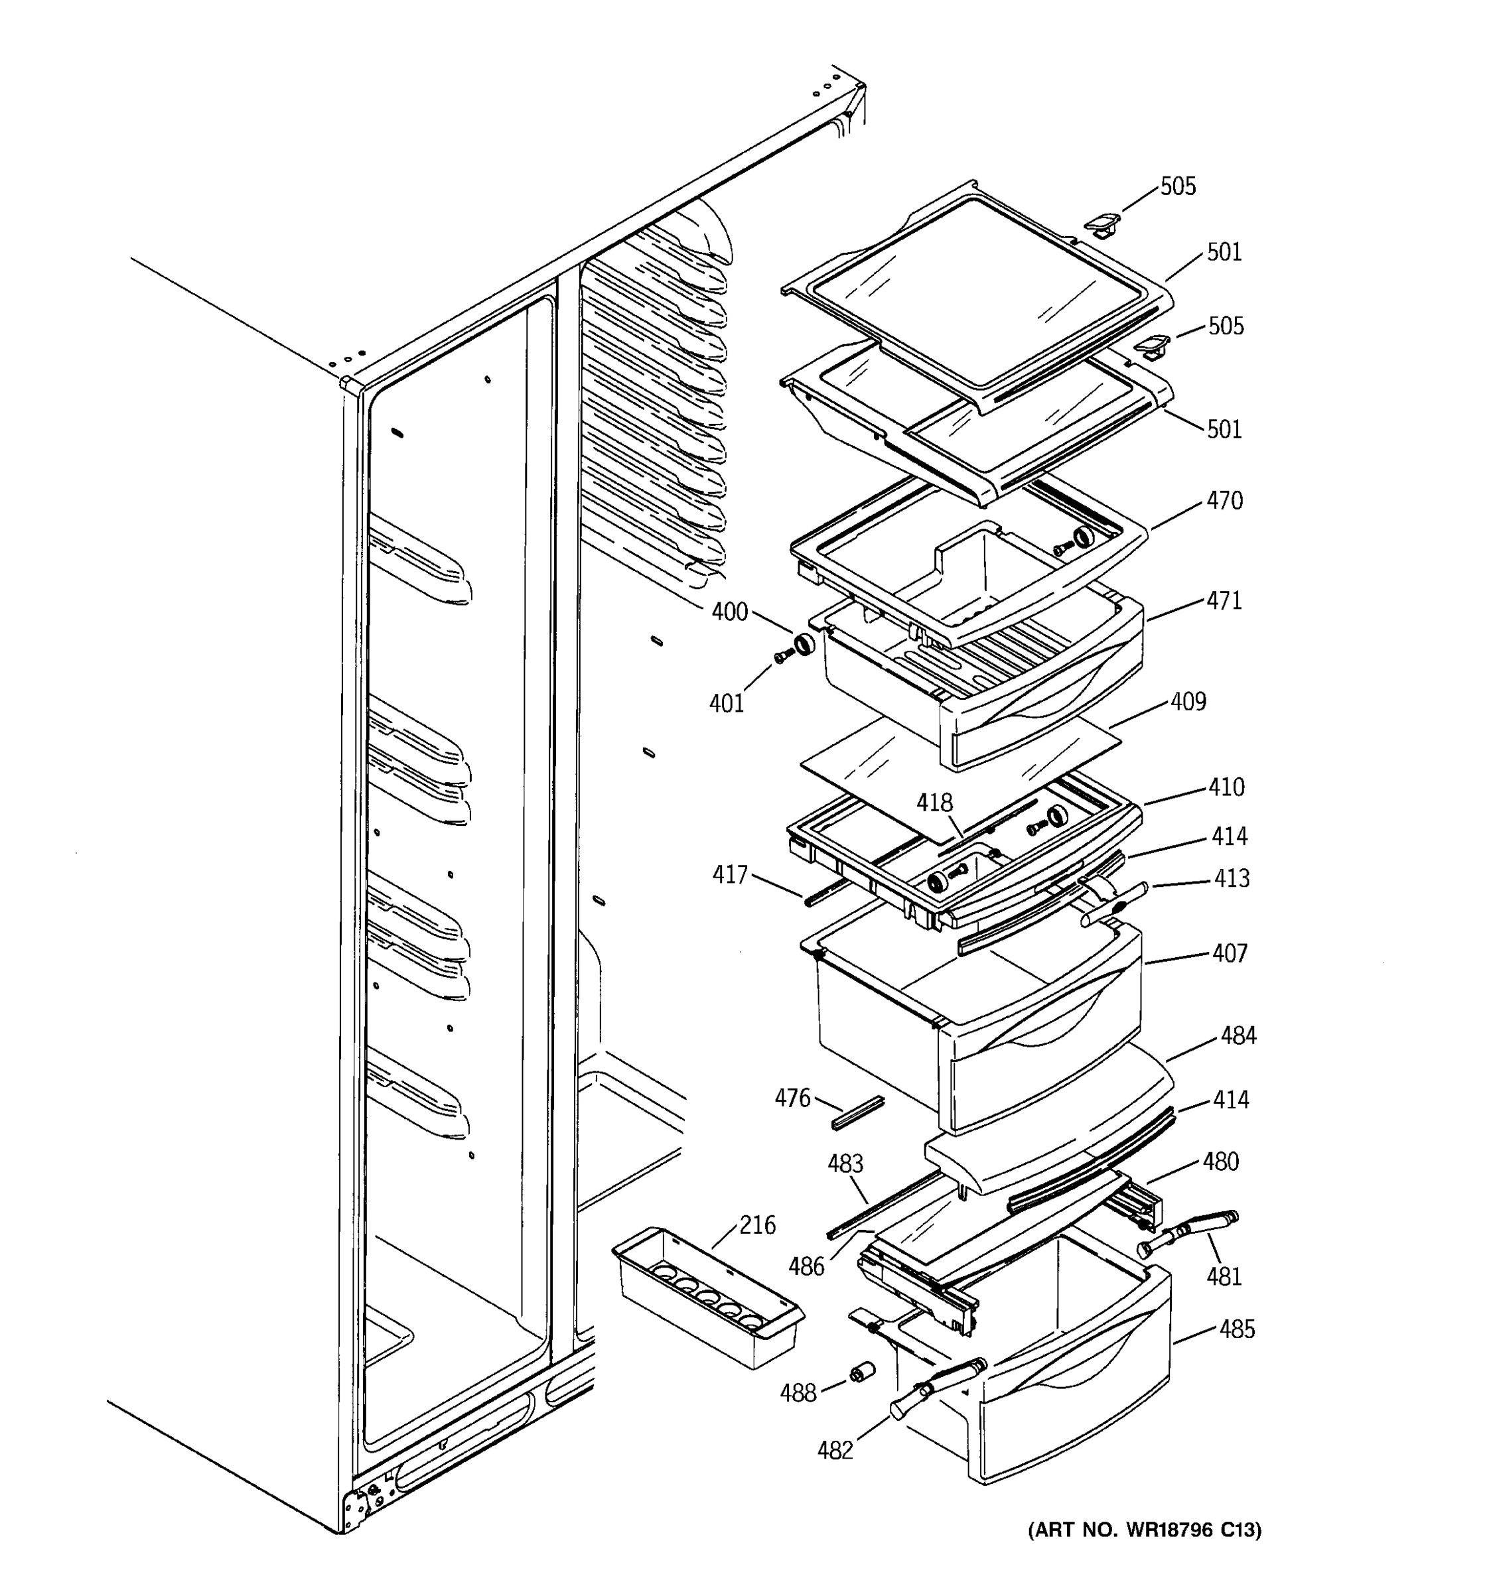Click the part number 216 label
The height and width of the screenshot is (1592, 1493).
click(757, 1225)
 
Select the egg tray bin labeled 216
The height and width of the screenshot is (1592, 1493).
click(705, 1297)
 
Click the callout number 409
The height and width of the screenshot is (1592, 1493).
click(1188, 702)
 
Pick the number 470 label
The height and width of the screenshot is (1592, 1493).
click(1225, 501)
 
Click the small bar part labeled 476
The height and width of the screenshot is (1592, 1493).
click(858, 1112)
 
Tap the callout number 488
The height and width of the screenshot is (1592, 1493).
click(798, 1394)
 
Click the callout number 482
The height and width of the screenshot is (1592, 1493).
click(835, 1450)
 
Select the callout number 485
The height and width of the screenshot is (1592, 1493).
click(1237, 1329)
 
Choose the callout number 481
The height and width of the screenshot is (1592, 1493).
click(1224, 1276)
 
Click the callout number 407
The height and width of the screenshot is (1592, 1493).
click(1230, 953)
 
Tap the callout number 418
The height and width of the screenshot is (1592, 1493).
click(935, 803)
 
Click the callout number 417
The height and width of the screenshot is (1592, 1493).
click(730, 874)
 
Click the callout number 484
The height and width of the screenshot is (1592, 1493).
click(1238, 1035)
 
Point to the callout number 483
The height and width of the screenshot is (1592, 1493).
click(845, 1163)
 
